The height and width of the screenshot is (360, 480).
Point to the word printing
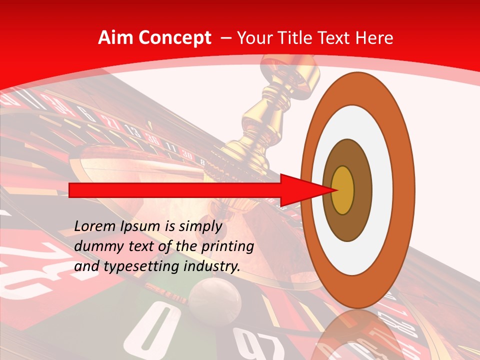coord(227,247)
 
